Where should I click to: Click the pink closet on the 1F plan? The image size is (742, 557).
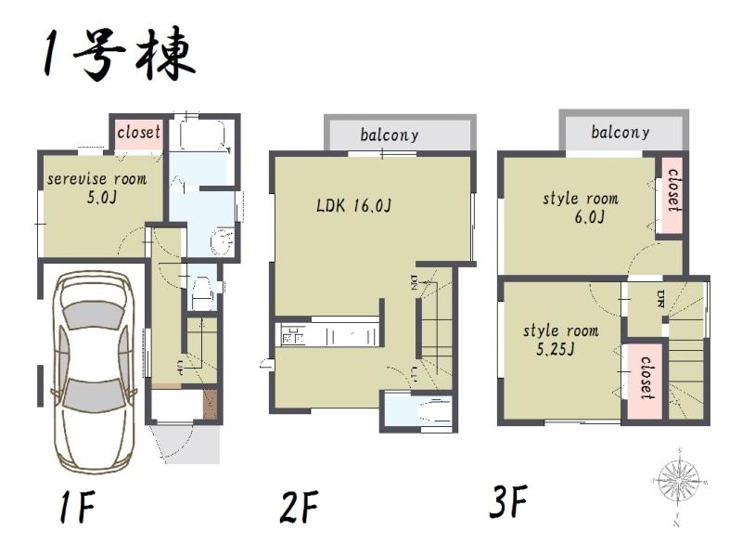coord(138,133)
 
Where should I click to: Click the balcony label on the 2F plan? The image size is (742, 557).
coord(390,135)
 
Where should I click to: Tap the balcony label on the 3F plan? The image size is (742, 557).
coord(620,132)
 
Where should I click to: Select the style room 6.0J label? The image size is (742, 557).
coord(580,207)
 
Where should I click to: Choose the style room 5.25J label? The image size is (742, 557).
coord(560,340)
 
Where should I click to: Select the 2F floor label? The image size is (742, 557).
coord(300,508)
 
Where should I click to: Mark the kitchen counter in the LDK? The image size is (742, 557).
coord(329,334)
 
